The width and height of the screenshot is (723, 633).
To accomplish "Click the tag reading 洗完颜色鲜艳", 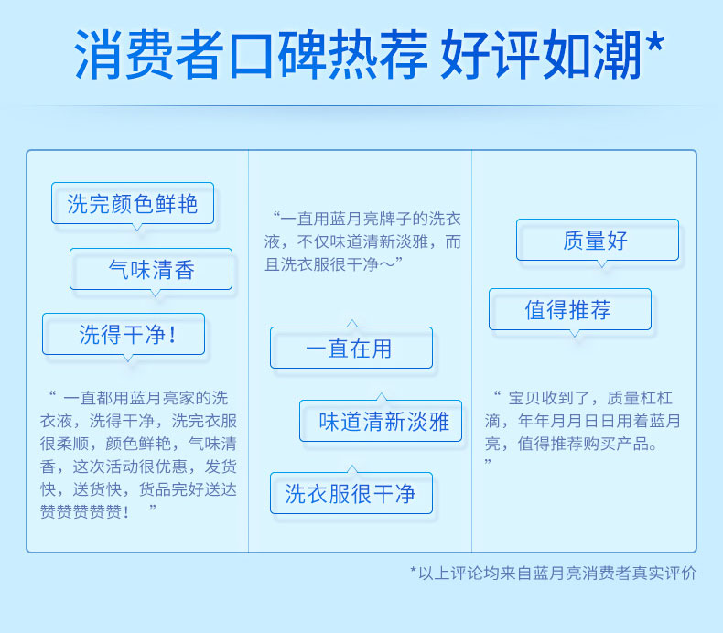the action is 133,203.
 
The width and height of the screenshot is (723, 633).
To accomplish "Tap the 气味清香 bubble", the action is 151,269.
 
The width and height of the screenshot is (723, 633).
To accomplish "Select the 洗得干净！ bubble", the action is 124,334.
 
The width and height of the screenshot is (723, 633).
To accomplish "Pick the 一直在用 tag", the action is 351,349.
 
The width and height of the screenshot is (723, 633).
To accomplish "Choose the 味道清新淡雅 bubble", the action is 381,422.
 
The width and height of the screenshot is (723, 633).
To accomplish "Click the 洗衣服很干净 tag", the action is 351,493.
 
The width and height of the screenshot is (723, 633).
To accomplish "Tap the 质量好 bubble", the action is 598,241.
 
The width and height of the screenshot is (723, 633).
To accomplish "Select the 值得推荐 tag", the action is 570,309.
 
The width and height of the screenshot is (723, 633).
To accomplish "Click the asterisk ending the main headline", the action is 654,43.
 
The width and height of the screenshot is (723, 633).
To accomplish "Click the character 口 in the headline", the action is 251,55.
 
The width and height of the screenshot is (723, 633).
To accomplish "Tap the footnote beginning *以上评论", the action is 554,573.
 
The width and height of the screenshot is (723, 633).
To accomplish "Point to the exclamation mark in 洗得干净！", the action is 172,335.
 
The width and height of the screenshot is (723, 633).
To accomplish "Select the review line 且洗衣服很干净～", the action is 334,264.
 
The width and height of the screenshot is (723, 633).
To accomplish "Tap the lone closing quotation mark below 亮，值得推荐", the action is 488,462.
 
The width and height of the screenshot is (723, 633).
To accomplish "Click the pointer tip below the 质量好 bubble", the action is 601,267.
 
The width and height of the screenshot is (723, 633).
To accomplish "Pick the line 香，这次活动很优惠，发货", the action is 138,467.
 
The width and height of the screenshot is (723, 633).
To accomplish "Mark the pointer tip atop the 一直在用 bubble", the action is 352,319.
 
